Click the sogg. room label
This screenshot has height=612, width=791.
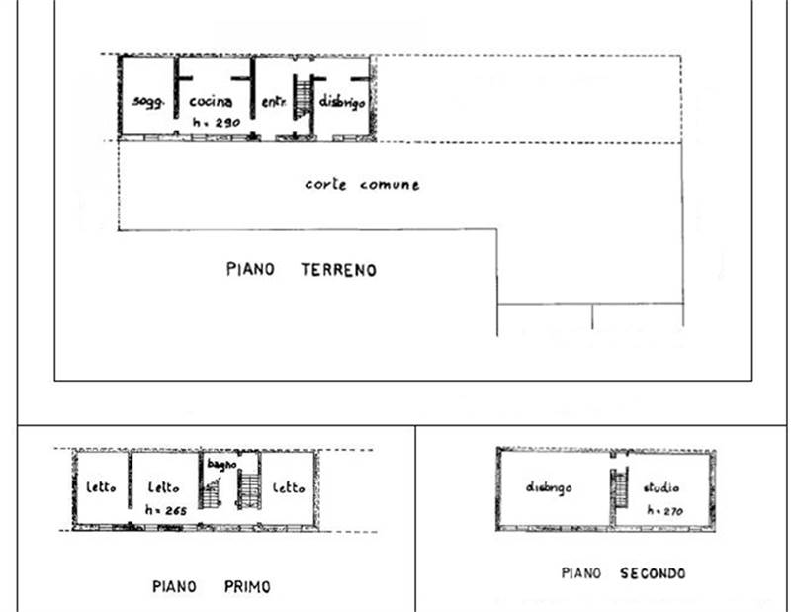pos(147,103)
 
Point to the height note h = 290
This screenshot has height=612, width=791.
pos(215,122)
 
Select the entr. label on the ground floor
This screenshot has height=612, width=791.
pos(274,102)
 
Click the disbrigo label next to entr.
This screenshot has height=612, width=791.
pos(343,102)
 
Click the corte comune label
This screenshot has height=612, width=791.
pos(362,185)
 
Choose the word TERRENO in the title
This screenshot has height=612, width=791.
pos(338,269)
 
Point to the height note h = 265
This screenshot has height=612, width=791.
pos(165,510)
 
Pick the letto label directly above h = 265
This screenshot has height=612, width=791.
pos(163,488)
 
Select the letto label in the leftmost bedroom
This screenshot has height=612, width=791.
pos(101,488)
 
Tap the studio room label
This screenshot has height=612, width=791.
pos(661,488)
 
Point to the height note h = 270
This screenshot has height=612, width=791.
pos(666,511)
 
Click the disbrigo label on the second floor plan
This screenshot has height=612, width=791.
pos(549,488)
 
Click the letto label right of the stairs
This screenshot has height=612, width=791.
pos(289,488)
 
